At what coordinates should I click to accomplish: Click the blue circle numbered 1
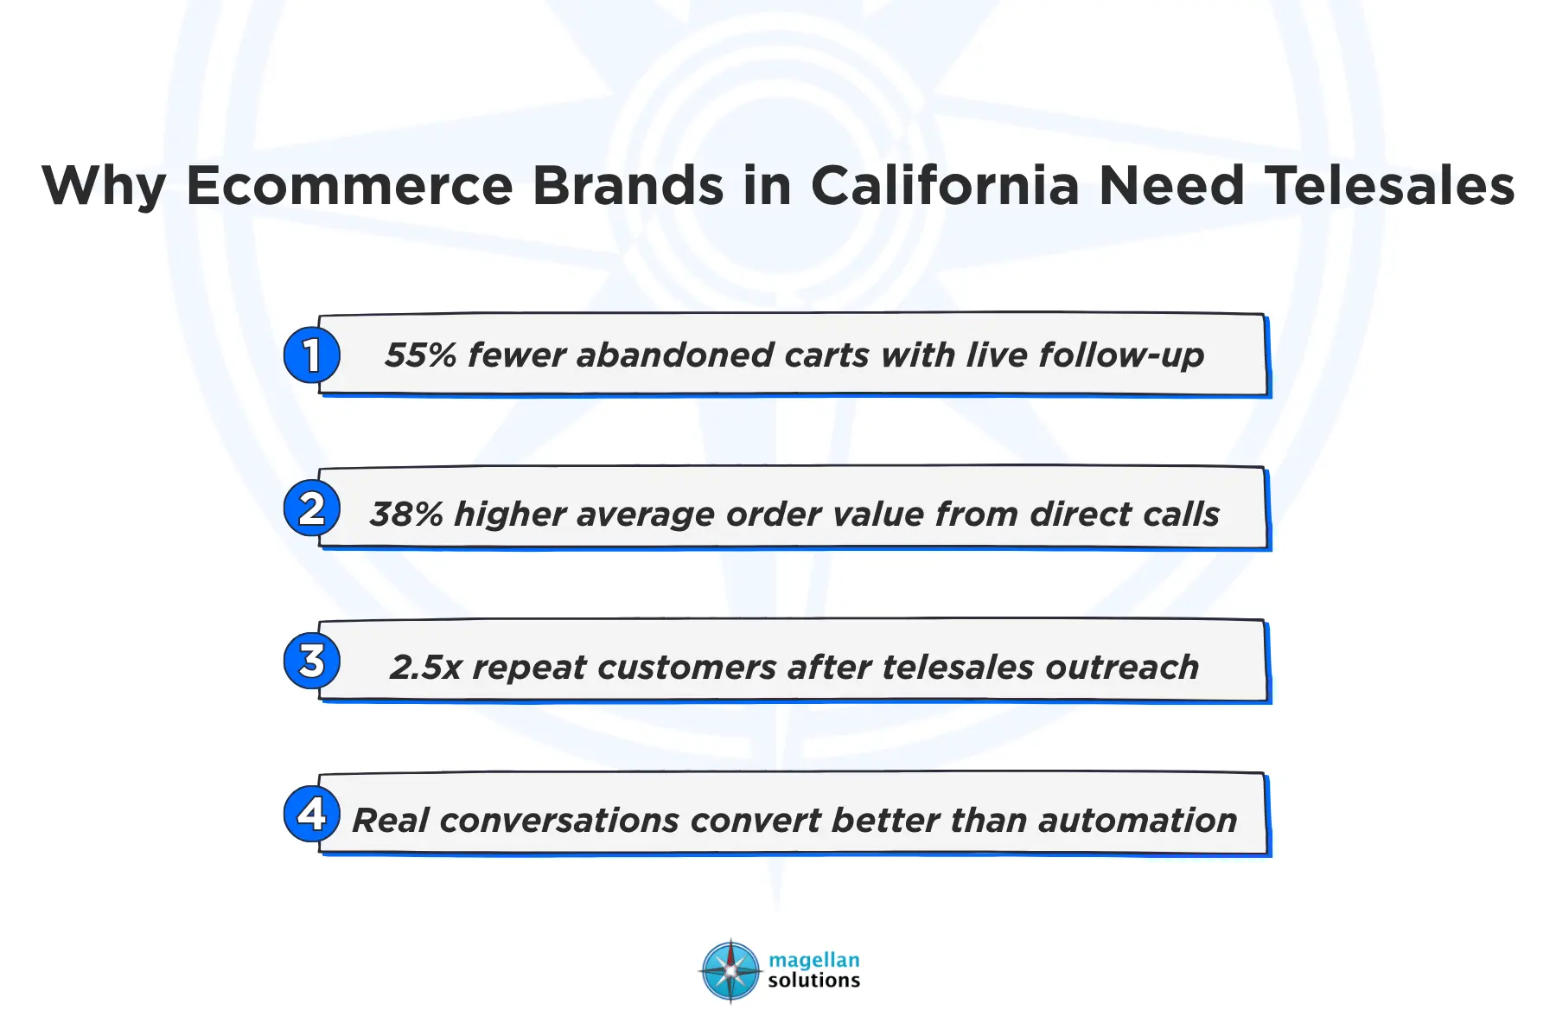311,355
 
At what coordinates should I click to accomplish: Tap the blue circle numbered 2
311,508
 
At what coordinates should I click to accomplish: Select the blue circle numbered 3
311,662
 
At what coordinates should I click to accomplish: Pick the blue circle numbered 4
311,814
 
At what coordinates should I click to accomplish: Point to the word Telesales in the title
1390,185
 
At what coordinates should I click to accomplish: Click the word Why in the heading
104,185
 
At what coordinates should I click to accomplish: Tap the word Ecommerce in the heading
350,185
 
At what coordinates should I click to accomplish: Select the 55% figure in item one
420,355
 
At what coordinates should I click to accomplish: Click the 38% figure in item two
406,515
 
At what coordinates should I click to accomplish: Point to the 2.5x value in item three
425,668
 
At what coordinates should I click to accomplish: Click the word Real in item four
390,820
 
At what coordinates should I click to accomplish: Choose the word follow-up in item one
1121,355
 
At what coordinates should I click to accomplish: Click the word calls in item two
1181,515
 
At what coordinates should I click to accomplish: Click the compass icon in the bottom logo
731,970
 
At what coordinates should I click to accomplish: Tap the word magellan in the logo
813,960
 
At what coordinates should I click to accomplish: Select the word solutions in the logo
813,981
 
